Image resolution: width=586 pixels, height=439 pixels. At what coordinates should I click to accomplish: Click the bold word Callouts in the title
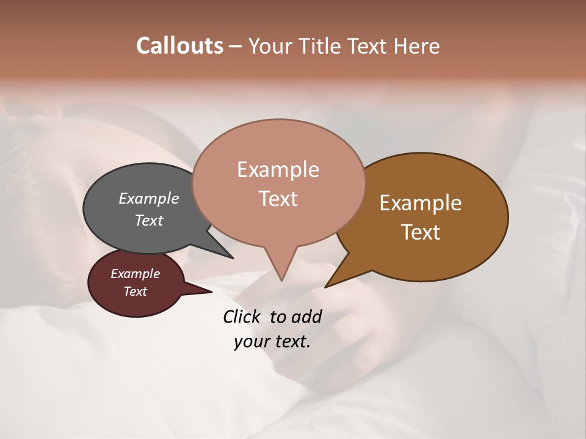(x=179, y=46)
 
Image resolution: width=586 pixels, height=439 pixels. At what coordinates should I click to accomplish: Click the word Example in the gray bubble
(x=148, y=198)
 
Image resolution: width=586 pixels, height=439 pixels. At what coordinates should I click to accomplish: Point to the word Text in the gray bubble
(x=148, y=220)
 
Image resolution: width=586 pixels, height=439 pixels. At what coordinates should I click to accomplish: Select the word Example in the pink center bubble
(x=278, y=170)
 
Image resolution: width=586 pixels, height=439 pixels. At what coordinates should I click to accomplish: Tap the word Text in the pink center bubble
(x=278, y=199)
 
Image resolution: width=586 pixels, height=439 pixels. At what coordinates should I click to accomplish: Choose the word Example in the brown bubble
(x=421, y=203)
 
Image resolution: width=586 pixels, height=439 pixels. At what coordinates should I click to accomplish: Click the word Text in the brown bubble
(x=421, y=232)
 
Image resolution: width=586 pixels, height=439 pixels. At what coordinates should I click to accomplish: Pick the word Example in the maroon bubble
(x=135, y=274)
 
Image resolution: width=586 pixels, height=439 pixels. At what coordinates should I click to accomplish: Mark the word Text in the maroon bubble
(x=135, y=291)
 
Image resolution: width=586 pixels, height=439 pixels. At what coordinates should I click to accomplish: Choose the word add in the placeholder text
(x=306, y=316)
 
